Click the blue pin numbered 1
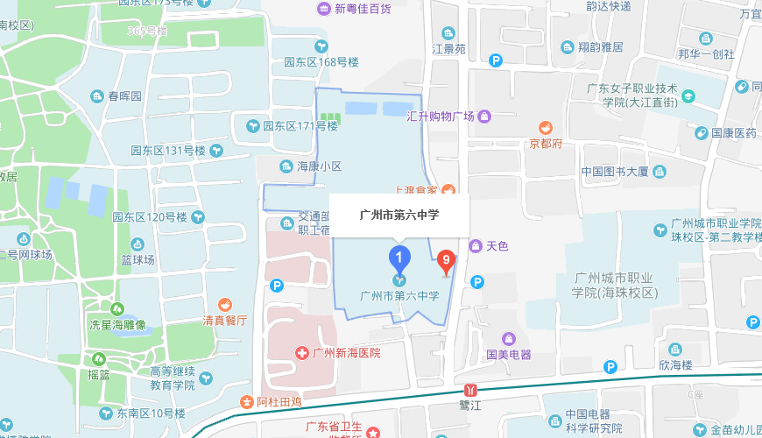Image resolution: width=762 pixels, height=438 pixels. [399, 258]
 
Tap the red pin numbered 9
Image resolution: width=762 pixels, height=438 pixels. [446, 259]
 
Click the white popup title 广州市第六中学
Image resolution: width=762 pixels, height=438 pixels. [399, 215]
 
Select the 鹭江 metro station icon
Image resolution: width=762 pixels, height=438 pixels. [472, 389]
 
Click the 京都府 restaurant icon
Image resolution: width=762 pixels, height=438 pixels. [545, 128]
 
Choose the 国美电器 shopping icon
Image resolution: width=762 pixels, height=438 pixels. [508, 339]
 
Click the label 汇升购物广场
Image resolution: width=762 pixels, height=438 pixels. [441, 117]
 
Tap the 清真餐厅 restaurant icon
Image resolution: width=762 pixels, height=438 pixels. [226, 305]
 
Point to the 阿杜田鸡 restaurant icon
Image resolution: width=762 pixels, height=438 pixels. [247, 402]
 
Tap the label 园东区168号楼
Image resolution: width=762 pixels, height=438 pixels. [321, 62]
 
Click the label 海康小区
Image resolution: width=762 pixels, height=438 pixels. [319, 166]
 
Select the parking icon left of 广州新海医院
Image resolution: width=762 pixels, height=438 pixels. [277, 285]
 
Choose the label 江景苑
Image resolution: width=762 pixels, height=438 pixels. [449, 49]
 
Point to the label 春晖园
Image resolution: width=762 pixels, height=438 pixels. [124, 95]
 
